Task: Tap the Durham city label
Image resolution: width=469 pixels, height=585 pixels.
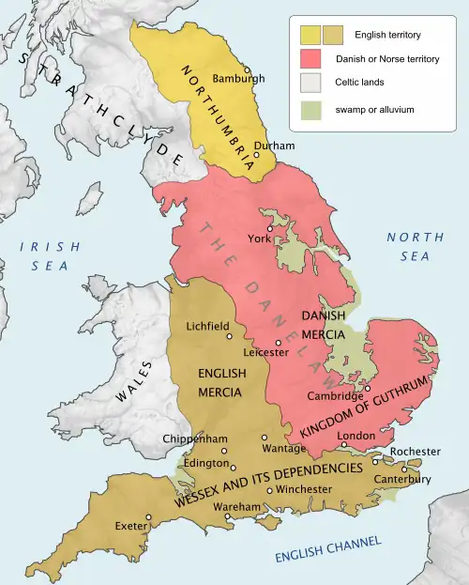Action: pos(275,146)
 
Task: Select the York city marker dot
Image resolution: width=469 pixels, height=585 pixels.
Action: pos(269,228)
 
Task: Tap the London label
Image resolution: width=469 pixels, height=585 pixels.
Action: pos(355,436)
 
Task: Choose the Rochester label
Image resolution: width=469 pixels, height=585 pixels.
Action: pos(416,452)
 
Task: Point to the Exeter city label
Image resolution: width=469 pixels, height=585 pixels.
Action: pos(130,526)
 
